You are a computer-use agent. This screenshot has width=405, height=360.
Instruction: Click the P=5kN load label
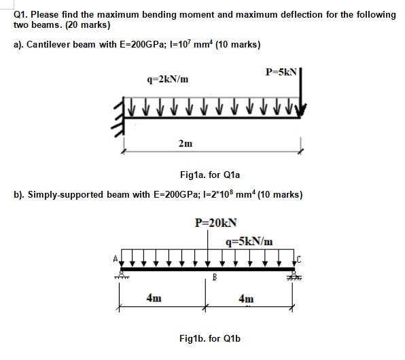point(281,71)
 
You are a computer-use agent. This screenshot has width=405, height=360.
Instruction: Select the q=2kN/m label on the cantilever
point(168,79)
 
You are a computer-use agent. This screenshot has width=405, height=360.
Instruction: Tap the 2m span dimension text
point(185,143)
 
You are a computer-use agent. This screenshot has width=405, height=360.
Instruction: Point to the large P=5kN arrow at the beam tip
point(300,95)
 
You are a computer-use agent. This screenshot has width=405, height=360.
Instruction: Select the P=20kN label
point(215,221)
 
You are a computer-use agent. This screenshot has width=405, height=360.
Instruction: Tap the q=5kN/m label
point(251,240)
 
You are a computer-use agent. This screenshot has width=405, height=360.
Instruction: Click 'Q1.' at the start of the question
point(21,14)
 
